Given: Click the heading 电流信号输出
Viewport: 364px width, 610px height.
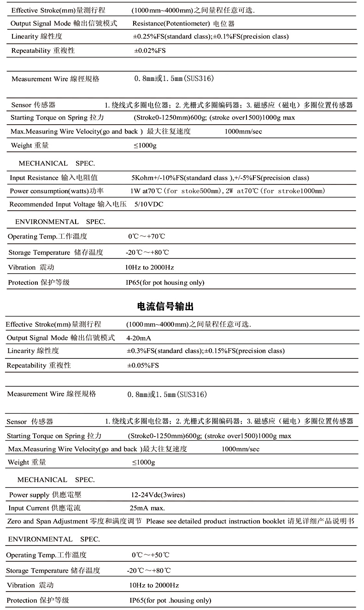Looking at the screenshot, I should pos(165,306).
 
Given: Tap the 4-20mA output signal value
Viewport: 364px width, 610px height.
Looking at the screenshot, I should pos(139,338).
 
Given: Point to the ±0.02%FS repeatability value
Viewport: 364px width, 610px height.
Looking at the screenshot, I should pos(150,51).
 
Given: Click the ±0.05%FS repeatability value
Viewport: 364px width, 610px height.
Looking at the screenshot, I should pos(143,365).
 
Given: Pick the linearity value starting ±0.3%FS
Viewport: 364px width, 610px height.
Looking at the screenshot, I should pos(205,351).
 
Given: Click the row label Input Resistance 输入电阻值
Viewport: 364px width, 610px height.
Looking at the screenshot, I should pos(53,178).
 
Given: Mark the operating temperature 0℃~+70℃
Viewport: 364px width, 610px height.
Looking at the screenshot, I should pos(146,236).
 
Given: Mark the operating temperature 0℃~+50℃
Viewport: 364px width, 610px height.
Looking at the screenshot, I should pos(150,555).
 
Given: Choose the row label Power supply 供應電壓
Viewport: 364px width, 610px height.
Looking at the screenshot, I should pos(45,495).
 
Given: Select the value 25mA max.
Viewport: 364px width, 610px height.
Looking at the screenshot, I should pos(147,508).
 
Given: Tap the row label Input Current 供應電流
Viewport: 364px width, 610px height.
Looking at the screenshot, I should pos(44,508).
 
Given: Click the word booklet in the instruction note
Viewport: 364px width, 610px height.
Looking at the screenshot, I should pos(273,521).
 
